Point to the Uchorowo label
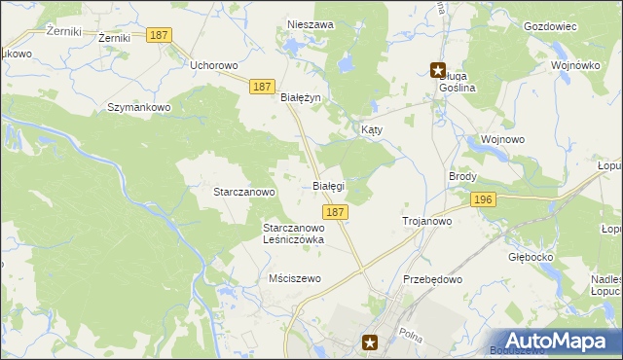point(214,65)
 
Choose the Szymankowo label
point(139,107)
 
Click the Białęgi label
point(328,185)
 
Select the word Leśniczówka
point(293,238)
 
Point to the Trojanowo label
point(427,222)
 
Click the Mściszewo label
point(294,278)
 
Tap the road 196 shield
point(483,198)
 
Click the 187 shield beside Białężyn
point(260,87)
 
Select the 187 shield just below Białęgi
point(334,211)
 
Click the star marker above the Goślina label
point(438,70)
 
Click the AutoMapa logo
point(561,341)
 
